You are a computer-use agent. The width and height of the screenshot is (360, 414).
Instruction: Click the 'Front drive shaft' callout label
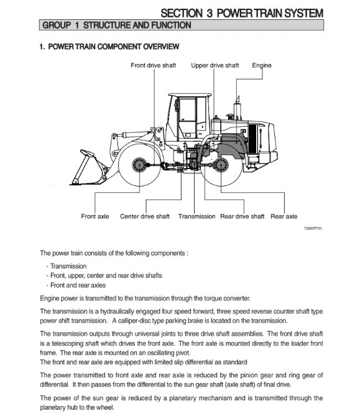[153, 65]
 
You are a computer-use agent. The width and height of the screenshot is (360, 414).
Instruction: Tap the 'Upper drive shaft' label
[215, 65]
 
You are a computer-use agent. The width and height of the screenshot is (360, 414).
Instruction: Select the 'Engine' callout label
[262, 66]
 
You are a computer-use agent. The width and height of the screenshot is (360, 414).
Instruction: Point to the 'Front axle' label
[95, 216]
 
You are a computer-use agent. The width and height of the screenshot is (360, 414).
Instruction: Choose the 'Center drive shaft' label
[145, 216]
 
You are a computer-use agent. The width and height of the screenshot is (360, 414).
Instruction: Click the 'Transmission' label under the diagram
[196, 216]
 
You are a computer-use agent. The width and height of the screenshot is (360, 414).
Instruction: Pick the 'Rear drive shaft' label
[242, 216]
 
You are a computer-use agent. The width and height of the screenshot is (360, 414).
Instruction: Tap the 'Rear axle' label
[284, 216]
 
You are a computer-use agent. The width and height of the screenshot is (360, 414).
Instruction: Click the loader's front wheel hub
[139, 165]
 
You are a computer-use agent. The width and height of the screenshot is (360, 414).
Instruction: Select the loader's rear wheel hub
[221, 165]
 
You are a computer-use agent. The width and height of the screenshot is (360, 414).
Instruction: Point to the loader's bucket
[88, 167]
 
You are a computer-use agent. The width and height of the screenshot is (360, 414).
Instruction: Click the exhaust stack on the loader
[237, 108]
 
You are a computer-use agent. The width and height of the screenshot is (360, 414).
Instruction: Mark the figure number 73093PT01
[313, 228]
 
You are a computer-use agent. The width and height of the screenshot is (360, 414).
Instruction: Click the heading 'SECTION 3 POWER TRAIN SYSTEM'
[242, 13]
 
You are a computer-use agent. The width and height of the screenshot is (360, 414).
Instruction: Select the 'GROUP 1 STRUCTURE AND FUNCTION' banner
[182, 25]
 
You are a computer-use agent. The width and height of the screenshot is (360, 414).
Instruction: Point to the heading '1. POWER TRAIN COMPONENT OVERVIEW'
[109, 47]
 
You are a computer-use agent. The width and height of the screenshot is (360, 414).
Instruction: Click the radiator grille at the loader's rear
[252, 139]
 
